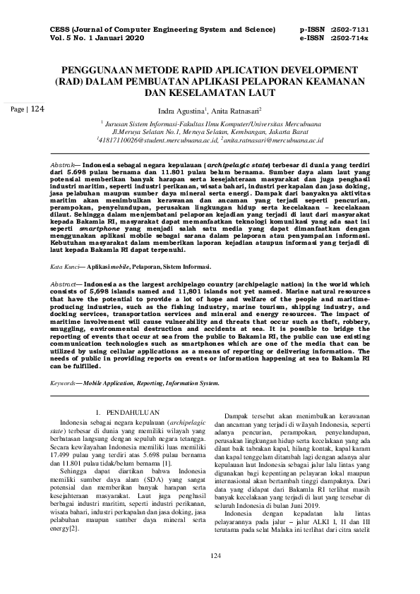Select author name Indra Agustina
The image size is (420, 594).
click(181, 111)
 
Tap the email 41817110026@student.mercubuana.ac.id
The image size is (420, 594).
click(157, 140)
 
